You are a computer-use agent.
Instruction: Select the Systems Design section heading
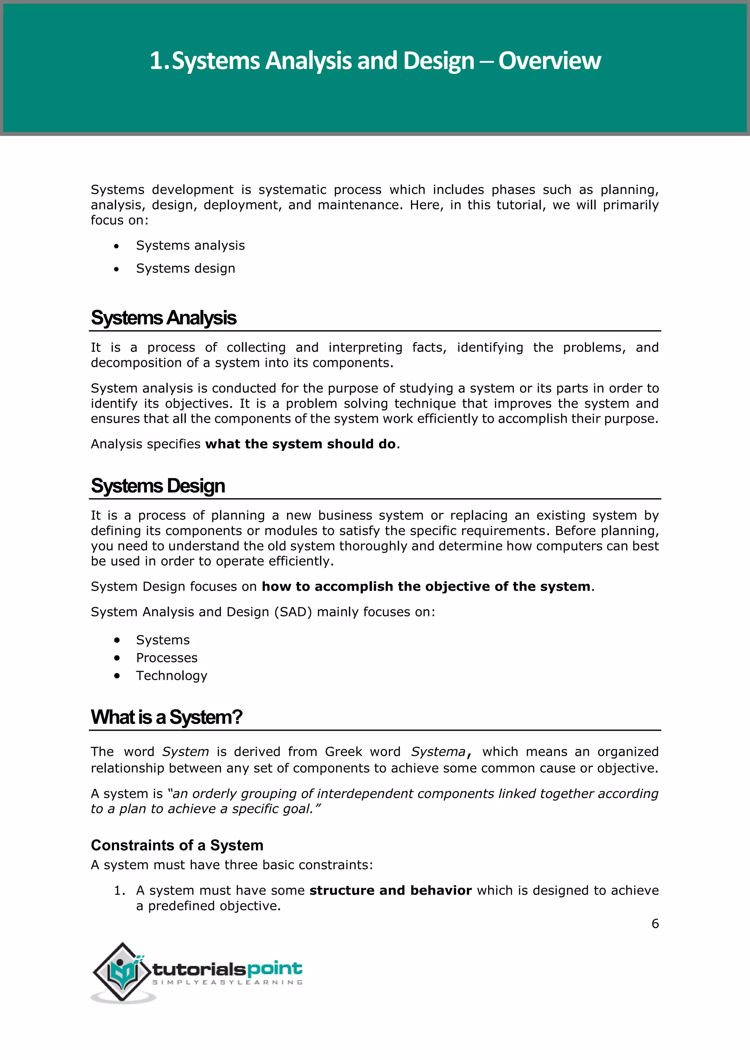(x=158, y=486)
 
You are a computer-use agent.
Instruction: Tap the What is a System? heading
(x=166, y=717)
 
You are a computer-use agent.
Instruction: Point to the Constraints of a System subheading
(x=177, y=845)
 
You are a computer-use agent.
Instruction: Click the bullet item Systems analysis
(x=190, y=246)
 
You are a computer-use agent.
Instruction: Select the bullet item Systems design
(x=185, y=268)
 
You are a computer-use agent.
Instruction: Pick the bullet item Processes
(x=167, y=658)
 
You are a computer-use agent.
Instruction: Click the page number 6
(x=655, y=923)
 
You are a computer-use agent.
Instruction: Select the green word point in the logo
(x=274, y=968)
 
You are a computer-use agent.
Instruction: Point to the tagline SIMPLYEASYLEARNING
(x=227, y=982)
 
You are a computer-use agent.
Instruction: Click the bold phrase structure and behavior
(x=390, y=891)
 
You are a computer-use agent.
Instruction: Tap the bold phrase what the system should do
(x=300, y=444)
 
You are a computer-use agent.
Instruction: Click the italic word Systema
(x=438, y=752)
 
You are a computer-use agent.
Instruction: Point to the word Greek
(x=343, y=752)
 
